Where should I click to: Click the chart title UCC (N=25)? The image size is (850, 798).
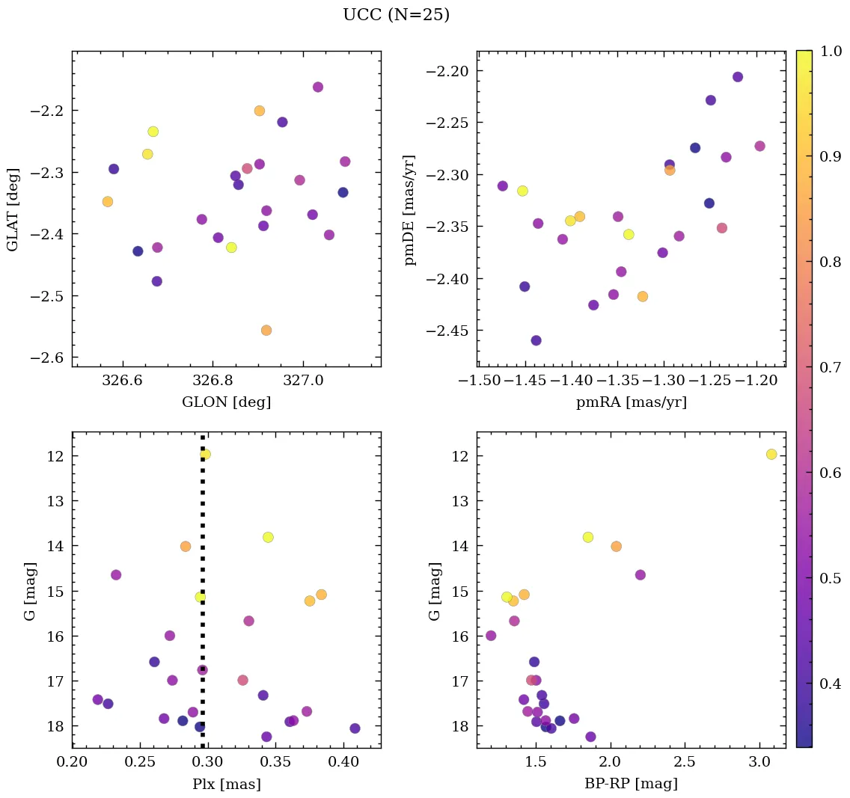tap(396, 15)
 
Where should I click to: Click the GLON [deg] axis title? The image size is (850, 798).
tap(226, 402)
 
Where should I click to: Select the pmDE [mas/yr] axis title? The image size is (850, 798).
tap(410, 210)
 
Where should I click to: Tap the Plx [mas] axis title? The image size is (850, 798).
tap(226, 784)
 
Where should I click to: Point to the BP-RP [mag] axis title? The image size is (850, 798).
tap(631, 784)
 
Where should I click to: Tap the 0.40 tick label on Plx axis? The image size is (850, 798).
tap(343, 762)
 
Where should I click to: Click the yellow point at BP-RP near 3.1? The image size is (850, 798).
tap(771, 454)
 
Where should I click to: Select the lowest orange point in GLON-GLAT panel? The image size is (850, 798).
tap(266, 330)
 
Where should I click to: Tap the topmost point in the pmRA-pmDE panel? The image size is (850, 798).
tap(738, 77)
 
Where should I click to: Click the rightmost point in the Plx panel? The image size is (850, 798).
tap(355, 728)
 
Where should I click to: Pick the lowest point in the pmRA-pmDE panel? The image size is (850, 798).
tap(536, 340)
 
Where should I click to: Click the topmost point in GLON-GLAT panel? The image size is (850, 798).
tap(318, 87)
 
